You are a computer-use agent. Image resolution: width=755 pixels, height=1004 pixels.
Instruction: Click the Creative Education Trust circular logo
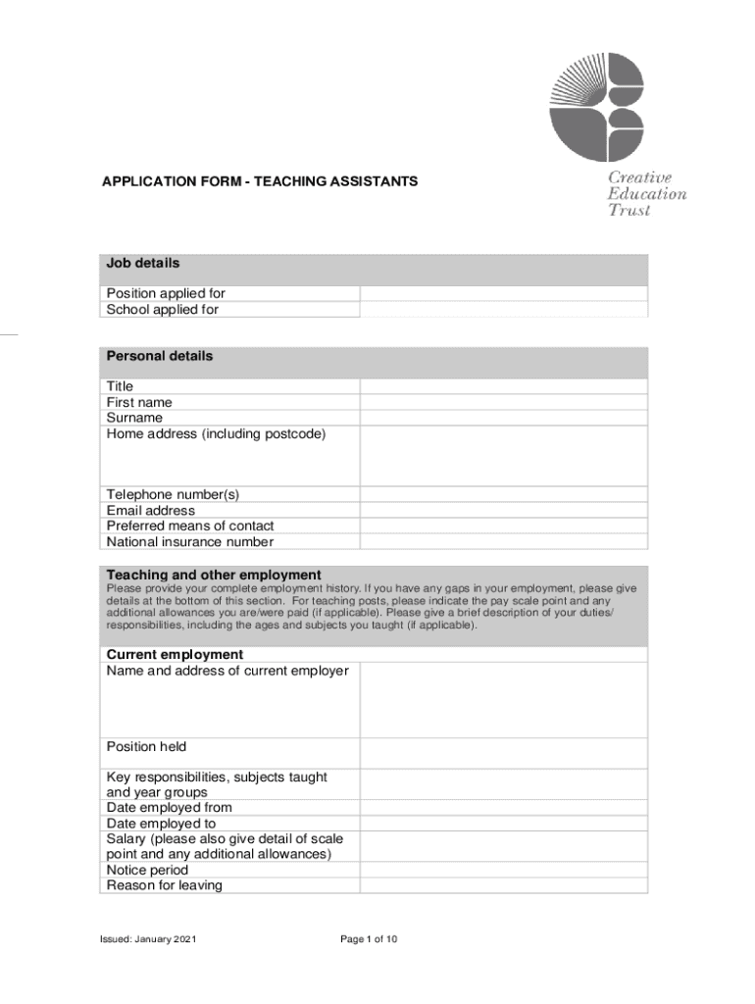click(596, 107)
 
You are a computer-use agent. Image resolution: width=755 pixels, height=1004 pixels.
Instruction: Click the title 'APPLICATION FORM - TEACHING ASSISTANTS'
click(261, 181)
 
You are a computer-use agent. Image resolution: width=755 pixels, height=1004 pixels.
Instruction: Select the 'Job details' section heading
click(143, 264)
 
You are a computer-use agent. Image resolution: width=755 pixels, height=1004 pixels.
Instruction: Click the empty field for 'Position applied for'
click(503, 294)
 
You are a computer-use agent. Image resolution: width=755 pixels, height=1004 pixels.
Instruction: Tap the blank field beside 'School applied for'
click(503, 310)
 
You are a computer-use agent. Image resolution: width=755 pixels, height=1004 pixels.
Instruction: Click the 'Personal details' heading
click(159, 356)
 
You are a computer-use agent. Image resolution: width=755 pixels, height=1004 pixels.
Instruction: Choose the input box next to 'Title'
click(503, 386)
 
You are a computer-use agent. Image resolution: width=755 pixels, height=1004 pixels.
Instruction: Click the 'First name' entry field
click(503, 402)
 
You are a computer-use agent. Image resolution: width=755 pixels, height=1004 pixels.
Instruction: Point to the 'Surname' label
click(134, 418)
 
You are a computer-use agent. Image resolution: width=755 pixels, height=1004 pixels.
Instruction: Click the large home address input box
click(503, 455)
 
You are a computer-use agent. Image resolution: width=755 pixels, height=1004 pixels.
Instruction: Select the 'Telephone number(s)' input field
click(503, 495)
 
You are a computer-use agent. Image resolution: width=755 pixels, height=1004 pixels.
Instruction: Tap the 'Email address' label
click(150, 511)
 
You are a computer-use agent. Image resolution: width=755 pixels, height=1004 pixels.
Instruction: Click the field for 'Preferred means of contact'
click(503, 526)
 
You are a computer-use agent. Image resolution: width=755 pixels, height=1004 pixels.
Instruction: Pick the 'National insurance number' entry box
click(503, 541)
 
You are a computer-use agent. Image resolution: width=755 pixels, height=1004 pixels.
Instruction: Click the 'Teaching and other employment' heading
click(213, 575)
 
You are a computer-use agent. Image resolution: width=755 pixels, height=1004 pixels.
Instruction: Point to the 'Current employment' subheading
click(175, 654)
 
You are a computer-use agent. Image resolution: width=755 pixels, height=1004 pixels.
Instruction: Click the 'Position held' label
click(146, 747)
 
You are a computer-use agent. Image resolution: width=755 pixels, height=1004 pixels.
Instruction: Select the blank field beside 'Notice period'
click(503, 870)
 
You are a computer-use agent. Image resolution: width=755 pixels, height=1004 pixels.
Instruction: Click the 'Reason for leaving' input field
click(503, 885)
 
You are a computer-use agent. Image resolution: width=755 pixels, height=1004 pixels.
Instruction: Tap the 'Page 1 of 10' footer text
click(369, 939)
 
